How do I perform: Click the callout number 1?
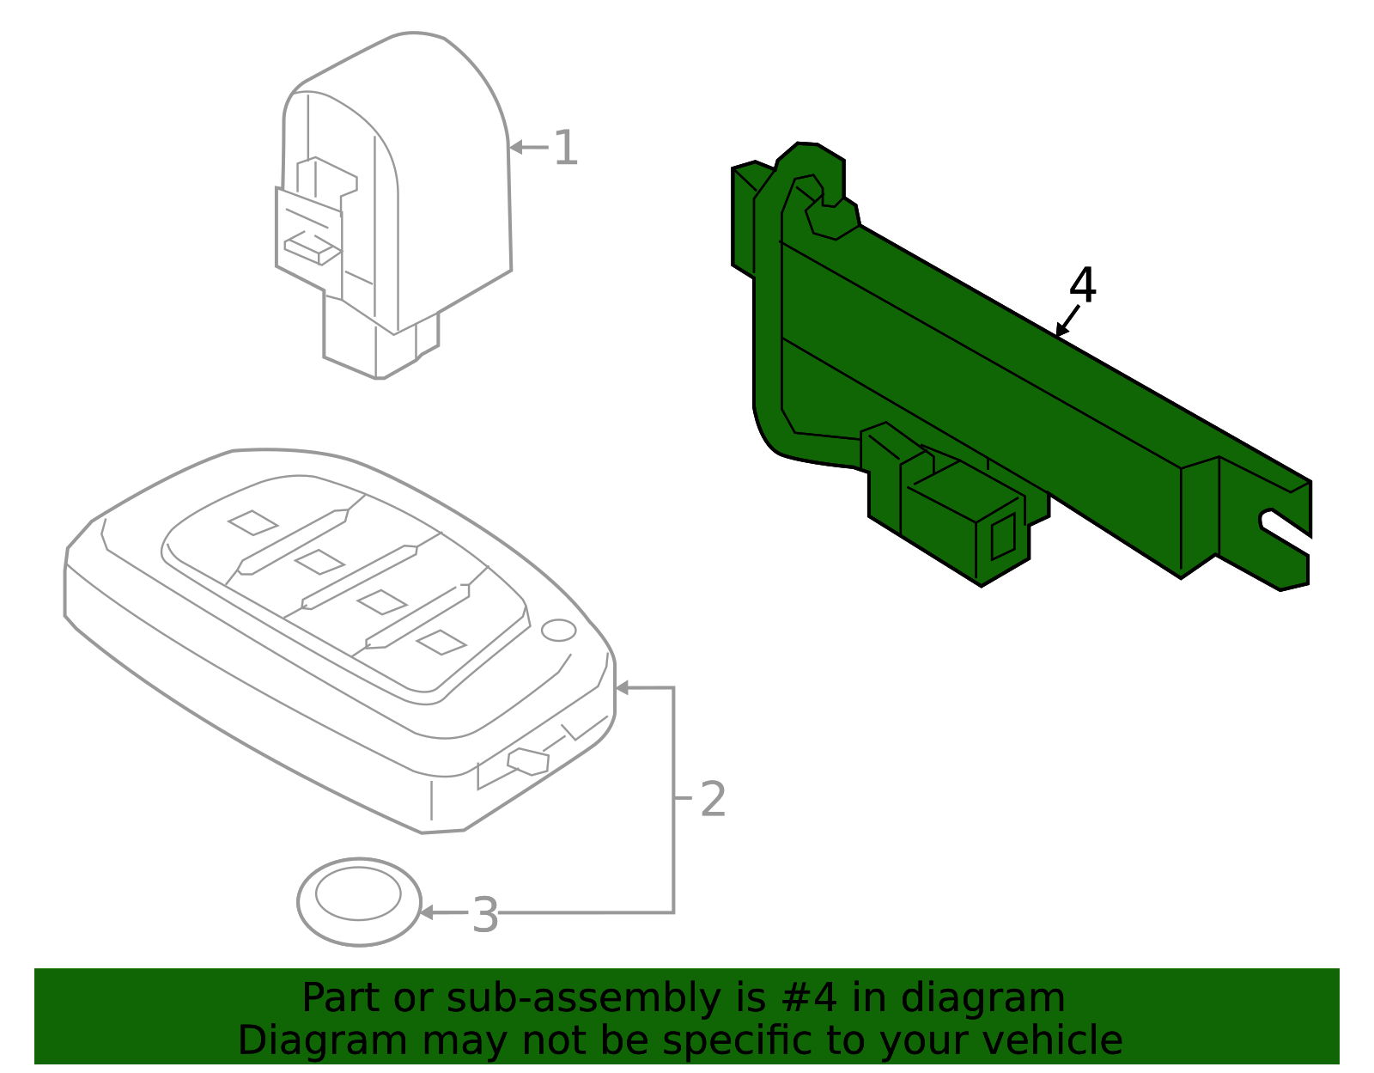(x=565, y=148)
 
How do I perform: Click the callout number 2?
(x=713, y=800)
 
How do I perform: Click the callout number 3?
(x=485, y=915)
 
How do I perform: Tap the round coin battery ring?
(x=359, y=901)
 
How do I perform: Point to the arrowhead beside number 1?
(x=516, y=148)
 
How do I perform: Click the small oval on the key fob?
(x=558, y=630)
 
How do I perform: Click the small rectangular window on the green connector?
(x=1002, y=539)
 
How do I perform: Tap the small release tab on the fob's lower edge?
(x=528, y=761)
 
